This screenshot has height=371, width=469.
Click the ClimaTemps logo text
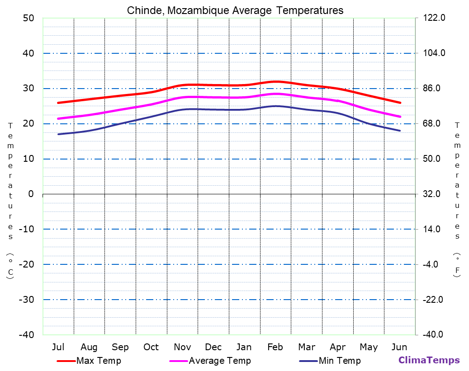[429, 360]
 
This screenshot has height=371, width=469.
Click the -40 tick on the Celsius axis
[26, 334]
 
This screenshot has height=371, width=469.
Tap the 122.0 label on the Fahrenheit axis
[434, 18]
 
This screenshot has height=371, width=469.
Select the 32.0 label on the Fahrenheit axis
[434, 194]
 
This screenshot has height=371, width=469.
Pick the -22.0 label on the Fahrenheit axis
[434, 300]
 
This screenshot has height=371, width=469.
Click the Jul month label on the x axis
[58, 347]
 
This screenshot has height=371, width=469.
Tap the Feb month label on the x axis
[275, 347]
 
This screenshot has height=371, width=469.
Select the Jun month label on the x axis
[399, 347]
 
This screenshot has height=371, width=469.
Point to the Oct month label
[151, 347]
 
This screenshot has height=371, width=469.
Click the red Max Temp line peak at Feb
[275, 82]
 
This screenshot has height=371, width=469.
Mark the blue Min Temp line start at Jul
[58, 134]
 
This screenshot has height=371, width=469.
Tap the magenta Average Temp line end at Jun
[400, 117]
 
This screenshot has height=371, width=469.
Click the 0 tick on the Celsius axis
[31, 194]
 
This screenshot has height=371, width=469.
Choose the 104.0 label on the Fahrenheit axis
[434, 53]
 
